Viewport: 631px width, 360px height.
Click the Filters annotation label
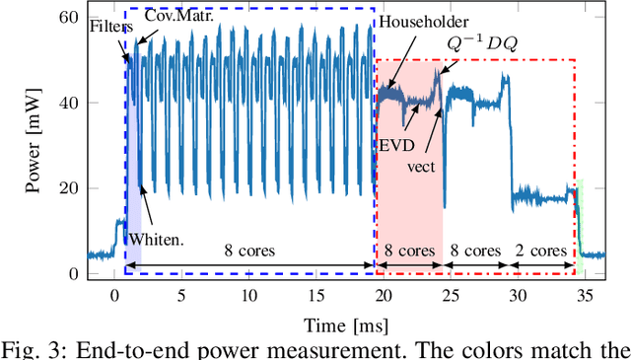pos(109,28)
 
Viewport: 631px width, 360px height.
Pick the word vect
pos(422,166)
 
